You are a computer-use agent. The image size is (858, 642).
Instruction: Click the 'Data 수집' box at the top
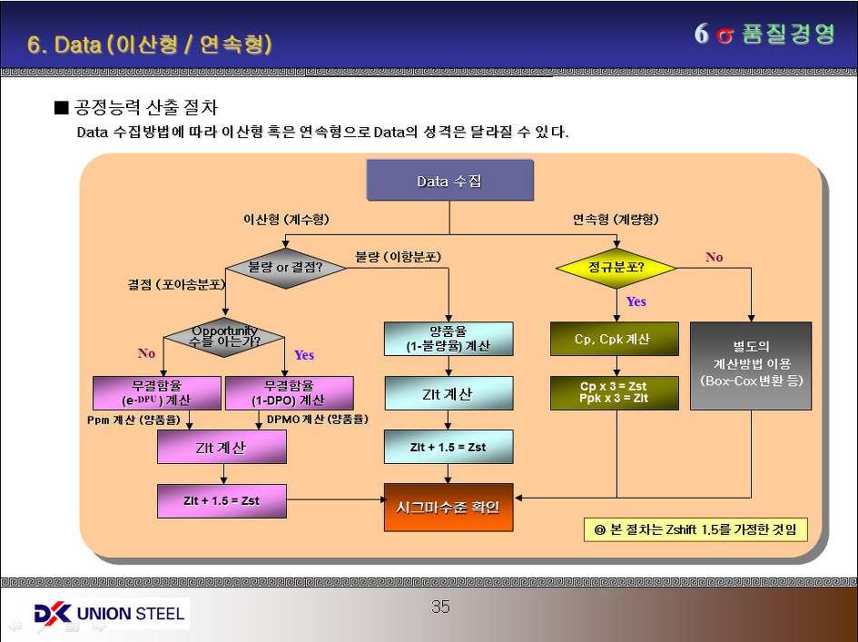point(449,181)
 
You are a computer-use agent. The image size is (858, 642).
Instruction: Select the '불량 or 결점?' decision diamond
point(285,268)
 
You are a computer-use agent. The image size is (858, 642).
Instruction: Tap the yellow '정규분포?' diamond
point(616,268)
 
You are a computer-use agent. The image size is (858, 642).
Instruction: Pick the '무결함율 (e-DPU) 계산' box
point(157,392)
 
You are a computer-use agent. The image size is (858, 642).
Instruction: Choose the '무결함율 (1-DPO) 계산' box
point(289,392)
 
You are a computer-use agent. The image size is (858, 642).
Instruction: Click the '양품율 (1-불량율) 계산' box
point(449,339)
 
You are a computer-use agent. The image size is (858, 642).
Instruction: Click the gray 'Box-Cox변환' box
point(750,364)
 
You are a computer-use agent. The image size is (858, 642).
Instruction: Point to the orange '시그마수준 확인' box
point(449,507)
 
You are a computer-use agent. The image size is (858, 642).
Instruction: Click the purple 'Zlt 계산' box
point(222,447)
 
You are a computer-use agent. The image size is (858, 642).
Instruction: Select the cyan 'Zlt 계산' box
point(449,393)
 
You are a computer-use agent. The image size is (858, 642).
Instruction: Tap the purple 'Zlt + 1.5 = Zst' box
point(222,500)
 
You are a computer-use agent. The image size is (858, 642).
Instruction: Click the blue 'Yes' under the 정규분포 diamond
point(636,301)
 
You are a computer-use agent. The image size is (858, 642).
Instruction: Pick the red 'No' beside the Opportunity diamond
point(146,353)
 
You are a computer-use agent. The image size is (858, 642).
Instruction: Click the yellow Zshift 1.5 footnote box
point(695,529)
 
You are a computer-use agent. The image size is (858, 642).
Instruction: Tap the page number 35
point(440,607)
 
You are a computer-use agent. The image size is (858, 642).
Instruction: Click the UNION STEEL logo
point(109,614)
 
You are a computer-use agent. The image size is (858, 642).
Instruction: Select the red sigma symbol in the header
point(724,35)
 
